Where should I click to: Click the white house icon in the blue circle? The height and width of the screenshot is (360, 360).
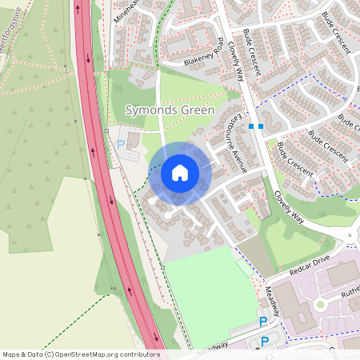180,173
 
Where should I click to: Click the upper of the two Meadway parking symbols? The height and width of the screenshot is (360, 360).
262,322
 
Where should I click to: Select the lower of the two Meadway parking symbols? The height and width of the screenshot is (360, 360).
266,342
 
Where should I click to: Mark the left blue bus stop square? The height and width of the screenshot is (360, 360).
251,126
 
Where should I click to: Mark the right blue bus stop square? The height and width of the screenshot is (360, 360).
262,126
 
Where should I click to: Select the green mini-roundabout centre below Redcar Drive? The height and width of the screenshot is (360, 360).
320,304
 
